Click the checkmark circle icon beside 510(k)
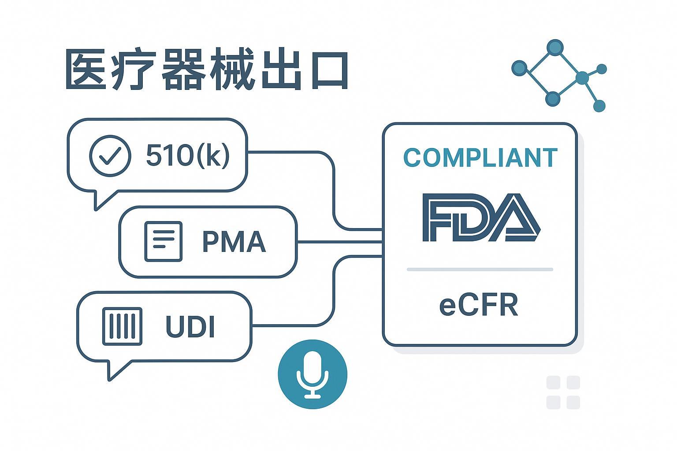(x=110, y=156)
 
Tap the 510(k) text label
(x=188, y=155)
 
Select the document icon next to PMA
(x=164, y=241)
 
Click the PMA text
(x=234, y=241)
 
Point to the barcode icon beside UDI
(x=122, y=326)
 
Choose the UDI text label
(x=190, y=327)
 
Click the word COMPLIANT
(x=480, y=158)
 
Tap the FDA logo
(x=480, y=218)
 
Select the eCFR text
(x=479, y=305)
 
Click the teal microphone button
(x=312, y=374)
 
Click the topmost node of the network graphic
(x=555, y=47)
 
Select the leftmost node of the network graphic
(x=520, y=68)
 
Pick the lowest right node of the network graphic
(x=599, y=106)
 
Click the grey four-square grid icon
(x=563, y=392)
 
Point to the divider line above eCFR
(x=480, y=269)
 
